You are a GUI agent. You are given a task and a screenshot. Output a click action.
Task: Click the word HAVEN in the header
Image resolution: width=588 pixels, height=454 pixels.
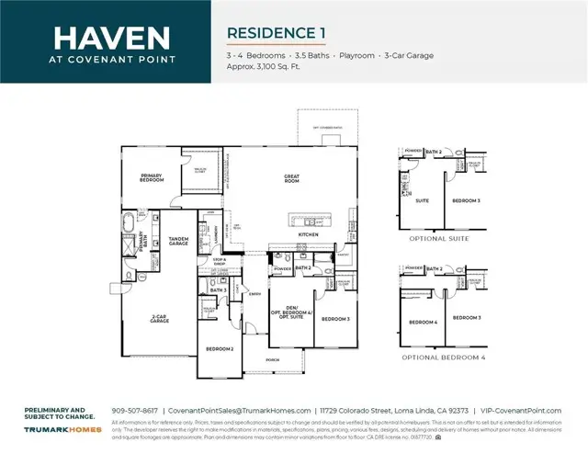[x=111, y=38]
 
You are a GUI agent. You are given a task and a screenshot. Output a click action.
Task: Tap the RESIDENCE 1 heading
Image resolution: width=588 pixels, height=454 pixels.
[x=277, y=33]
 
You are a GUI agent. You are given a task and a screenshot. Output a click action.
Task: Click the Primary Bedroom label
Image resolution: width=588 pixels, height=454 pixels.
[x=152, y=176]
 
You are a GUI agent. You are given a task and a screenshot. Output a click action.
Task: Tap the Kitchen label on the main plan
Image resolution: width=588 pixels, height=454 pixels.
[x=309, y=235]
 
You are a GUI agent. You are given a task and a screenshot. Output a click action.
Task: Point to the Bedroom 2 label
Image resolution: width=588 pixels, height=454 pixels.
[x=220, y=349]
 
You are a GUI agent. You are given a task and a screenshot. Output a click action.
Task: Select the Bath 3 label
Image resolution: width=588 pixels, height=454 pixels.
[x=218, y=290]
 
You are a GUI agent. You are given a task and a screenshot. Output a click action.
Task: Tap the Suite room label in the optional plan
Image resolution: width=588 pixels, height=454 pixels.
[x=424, y=199]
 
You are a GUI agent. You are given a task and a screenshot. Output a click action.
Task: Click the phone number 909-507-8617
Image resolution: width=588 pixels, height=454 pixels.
[x=134, y=411]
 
